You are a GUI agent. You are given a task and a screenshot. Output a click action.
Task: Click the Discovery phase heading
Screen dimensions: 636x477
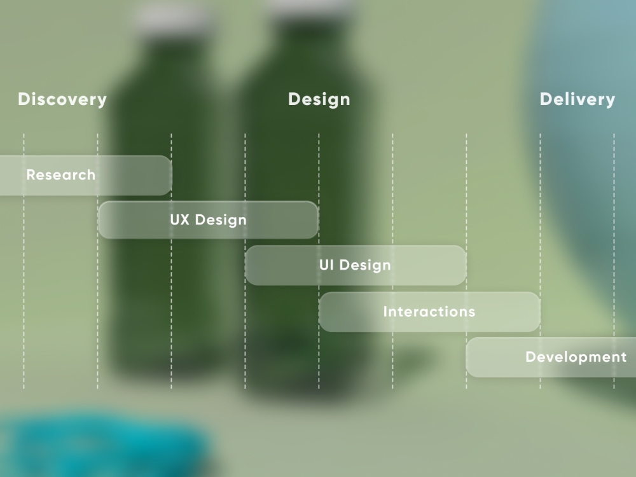(62, 99)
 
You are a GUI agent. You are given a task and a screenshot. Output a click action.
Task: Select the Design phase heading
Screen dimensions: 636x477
(319, 99)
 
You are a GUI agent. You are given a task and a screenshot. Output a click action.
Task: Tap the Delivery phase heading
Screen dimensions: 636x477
(577, 99)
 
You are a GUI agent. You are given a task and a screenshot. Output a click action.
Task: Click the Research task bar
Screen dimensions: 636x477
(86, 176)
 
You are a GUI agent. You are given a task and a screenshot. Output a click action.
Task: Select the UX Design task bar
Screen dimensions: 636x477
(209, 220)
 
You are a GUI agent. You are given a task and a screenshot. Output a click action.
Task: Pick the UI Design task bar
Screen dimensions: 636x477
(356, 265)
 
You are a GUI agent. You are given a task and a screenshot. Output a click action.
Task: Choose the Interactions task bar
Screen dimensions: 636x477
(429, 312)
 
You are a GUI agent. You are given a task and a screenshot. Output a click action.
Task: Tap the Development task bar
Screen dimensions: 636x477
(551, 357)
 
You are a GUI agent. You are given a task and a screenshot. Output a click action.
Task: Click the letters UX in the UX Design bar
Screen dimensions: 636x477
(180, 219)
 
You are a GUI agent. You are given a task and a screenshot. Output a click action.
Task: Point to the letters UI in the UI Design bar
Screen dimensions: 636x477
(326, 265)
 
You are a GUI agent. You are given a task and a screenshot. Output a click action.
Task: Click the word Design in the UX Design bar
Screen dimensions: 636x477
(221, 220)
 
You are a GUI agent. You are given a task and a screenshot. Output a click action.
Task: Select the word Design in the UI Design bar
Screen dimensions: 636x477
(365, 266)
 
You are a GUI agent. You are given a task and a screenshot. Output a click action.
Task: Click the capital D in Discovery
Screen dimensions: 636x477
(24, 99)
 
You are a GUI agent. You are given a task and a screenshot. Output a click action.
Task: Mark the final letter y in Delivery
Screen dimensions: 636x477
(610, 101)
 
